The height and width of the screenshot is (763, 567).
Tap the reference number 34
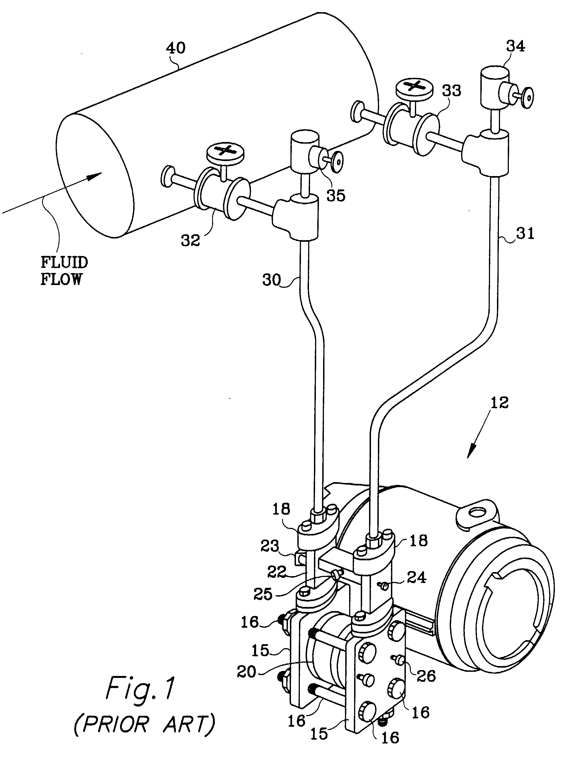(515, 46)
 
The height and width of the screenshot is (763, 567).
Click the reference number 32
(190, 240)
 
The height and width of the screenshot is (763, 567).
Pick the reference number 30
(272, 280)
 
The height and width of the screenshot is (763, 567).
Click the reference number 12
(499, 402)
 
